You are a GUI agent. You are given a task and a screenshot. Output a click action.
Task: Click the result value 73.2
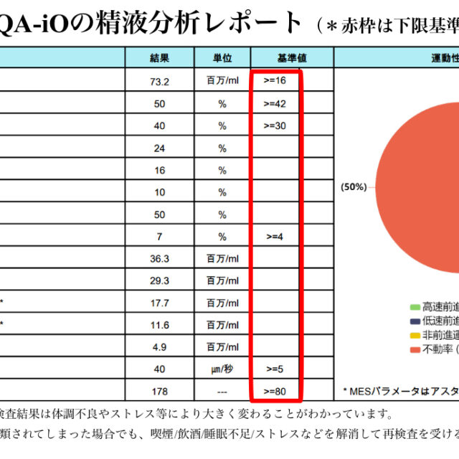click(x=160, y=81)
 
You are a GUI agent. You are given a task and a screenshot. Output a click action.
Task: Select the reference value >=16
click(x=275, y=81)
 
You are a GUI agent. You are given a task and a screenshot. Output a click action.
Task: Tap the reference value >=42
click(x=275, y=103)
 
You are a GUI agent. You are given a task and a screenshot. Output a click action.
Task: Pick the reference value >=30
click(x=275, y=126)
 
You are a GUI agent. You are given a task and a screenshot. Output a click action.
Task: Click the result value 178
click(x=160, y=392)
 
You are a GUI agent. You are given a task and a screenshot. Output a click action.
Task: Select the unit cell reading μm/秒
click(x=222, y=369)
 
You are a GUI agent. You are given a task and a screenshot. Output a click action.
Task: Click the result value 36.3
click(x=160, y=259)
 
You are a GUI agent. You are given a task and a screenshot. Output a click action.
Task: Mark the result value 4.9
click(x=160, y=347)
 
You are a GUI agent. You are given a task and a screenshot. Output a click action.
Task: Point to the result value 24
click(x=160, y=148)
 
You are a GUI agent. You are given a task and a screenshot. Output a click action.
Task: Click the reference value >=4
click(x=275, y=237)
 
